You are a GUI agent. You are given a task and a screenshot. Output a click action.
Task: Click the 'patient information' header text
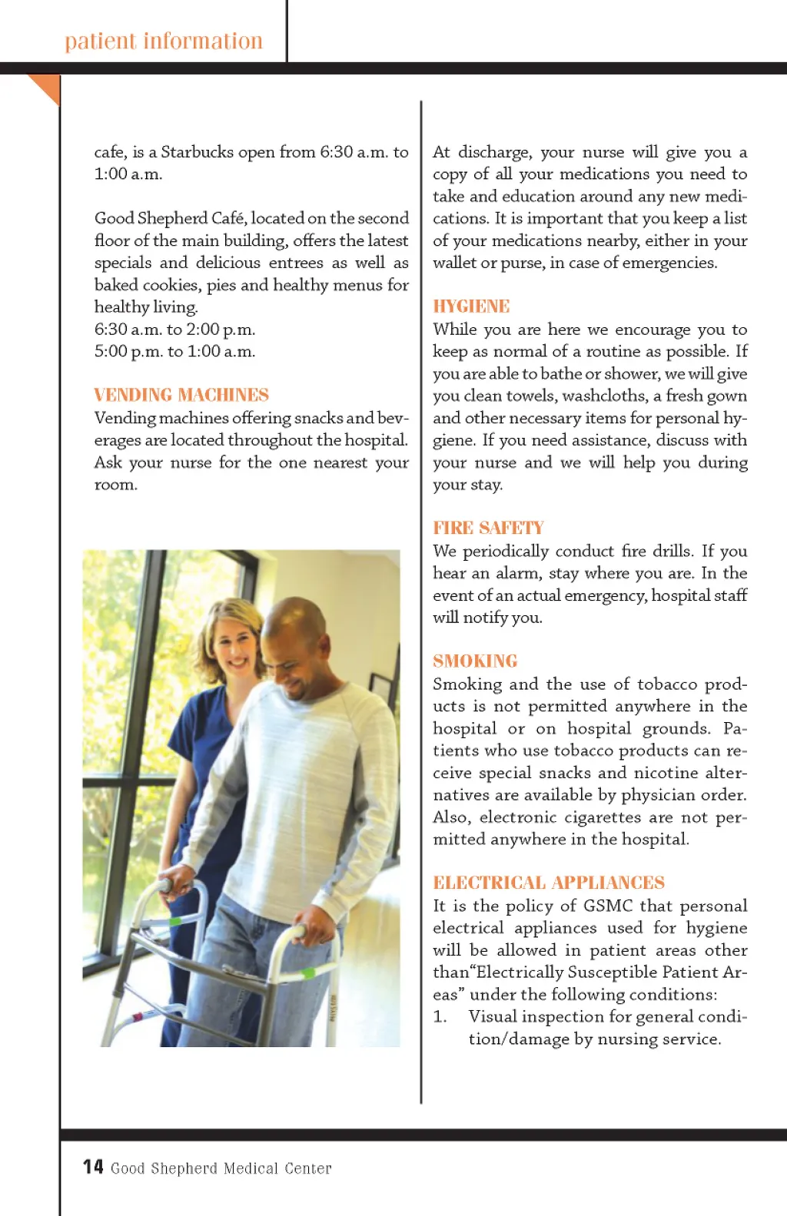click(x=164, y=41)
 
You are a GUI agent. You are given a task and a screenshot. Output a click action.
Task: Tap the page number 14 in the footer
click(x=93, y=1167)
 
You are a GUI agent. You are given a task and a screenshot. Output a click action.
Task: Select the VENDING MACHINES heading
click(x=181, y=395)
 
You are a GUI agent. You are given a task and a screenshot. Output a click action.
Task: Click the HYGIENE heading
click(x=471, y=306)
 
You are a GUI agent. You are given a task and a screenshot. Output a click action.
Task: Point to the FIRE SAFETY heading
click(x=488, y=528)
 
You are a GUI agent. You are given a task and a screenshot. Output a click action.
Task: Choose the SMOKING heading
click(x=475, y=661)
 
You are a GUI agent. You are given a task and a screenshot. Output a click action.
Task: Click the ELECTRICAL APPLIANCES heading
click(x=549, y=883)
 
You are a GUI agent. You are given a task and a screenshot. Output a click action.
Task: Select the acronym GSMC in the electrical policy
click(x=608, y=906)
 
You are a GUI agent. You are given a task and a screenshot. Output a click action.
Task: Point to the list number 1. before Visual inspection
click(x=440, y=1016)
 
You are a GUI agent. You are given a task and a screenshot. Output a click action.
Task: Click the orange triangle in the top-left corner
click(x=45, y=87)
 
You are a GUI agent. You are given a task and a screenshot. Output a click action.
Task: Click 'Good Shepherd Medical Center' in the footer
click(x=221, y=1168)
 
